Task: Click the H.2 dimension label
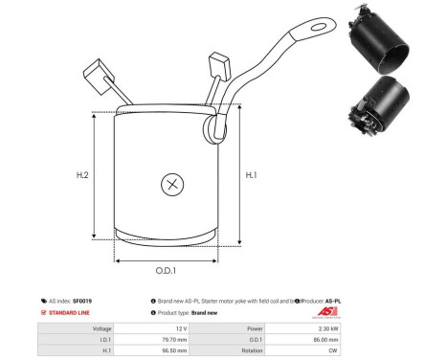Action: click(83, 175)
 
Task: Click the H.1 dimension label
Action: click(252, 175)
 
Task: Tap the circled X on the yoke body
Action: click(172, 184)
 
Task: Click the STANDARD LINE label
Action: click(72, 313)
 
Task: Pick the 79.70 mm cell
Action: click(126, 338)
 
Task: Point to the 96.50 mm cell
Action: click(126, 350)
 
